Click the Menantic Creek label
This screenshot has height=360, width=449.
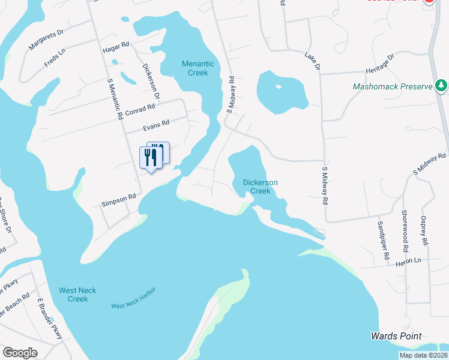tap(195, 68)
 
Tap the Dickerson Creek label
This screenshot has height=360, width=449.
tap(256, 187)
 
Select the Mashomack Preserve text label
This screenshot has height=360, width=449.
tap(393, 86)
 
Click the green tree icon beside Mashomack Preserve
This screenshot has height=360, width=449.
tap(441, 86)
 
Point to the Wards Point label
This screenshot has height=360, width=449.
tap(396, 336)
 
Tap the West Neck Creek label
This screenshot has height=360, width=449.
tap(74, 295)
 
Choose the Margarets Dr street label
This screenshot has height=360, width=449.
tap(46, 40)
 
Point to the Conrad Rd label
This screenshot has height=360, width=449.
tap(141, 107)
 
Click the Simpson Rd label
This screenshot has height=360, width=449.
tap(119, 200)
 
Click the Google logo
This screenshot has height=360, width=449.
tap(20, 353)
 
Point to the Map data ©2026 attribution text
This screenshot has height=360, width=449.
tap(423, 355)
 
